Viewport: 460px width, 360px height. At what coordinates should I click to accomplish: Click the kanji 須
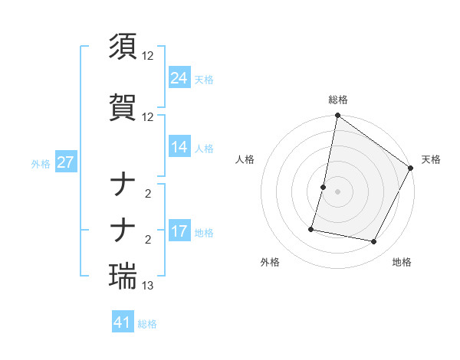pyautogui.click(x=123, y=47)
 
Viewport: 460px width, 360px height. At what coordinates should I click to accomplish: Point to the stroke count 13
pyautogui.click(x=148, y=286)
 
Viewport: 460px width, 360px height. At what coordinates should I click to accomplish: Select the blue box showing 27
pyautogui.click(x=65, y=162)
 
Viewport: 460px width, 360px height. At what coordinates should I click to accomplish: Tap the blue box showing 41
pyautogui.click(x=123, y=322)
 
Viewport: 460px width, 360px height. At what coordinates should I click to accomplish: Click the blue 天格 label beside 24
pyautogui.click(x=204, y=80)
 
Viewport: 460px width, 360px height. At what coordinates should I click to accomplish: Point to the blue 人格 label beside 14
pyautogui.click(x=204, y=149)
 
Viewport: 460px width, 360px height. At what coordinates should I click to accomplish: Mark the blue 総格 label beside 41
pyautogui.click(x=147, y=324)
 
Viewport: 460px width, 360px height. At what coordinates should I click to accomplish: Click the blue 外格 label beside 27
pyautogui.click(x=41, y=164)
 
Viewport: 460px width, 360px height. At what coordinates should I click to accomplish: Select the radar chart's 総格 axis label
pyautogui.click(x=337, y=100)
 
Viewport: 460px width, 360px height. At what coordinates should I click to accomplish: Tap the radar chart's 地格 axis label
pyautogui.click(x=402, y=262)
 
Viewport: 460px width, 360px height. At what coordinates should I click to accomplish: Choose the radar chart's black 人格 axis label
pyautogui.click(x=245, y=159)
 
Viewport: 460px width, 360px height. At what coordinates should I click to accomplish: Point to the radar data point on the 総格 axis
pyautogui.click(x=337, y=116)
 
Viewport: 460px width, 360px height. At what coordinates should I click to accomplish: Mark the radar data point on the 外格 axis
pyautogui.click(x=312, y=228)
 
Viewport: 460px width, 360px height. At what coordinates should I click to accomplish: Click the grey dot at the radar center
pyautogui.click(x=337, y=191)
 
